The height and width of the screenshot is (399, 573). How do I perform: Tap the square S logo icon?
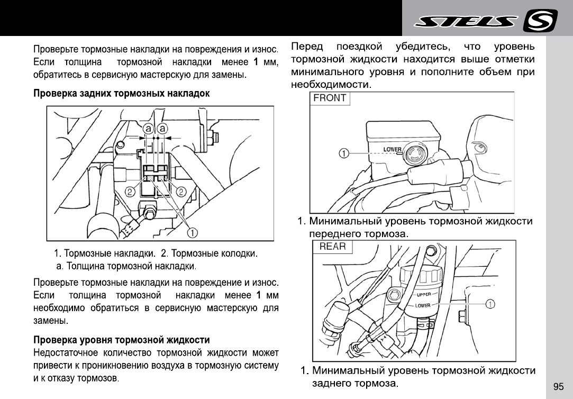(x=540, y=22)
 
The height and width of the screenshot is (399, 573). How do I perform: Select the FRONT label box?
(x=330, y=98)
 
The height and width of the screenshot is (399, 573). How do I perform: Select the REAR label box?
(x=332, y=246)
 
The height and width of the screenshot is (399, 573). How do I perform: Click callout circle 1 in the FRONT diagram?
(x=344, y=153)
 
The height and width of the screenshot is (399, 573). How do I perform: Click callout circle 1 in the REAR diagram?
(x=490, y=304)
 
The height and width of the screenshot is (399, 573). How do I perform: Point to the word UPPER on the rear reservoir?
(x=423, y=295)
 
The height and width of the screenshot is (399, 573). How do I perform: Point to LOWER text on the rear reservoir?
(x=423, y=305)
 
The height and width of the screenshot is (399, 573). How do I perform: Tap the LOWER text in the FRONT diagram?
(x=392, y=150)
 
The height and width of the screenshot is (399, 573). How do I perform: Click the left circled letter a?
(x=149, y=129)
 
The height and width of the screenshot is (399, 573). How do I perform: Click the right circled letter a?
(x=162, y=129)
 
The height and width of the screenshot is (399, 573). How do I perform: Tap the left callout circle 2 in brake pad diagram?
(x=130, y=192)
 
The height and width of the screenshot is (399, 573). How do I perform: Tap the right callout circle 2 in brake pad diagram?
(x=181, y=192)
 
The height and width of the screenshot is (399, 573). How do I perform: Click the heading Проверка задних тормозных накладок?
(x=122, y=94)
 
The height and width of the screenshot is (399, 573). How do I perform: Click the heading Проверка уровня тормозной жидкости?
(x=122, y=340)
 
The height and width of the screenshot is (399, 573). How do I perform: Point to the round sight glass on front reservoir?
(x=413, y=155)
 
